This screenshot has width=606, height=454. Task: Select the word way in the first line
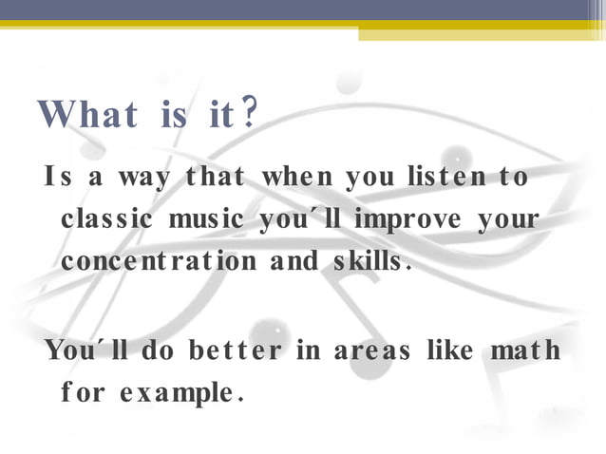(x=133, y=179)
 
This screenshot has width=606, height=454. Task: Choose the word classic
(x=107, y=219)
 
